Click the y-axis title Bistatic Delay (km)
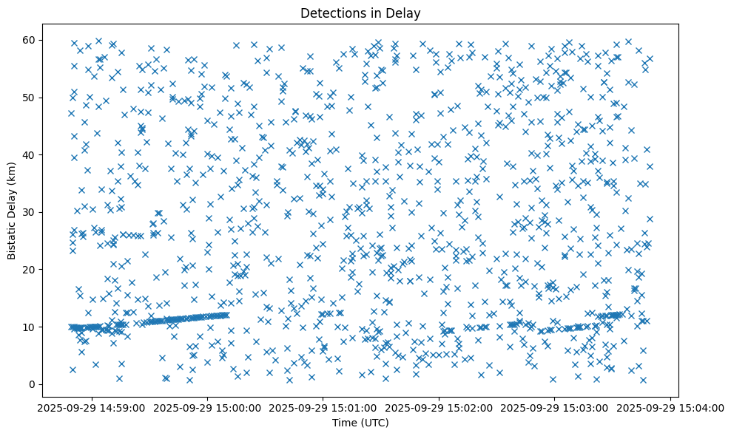[x=12, y=212]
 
